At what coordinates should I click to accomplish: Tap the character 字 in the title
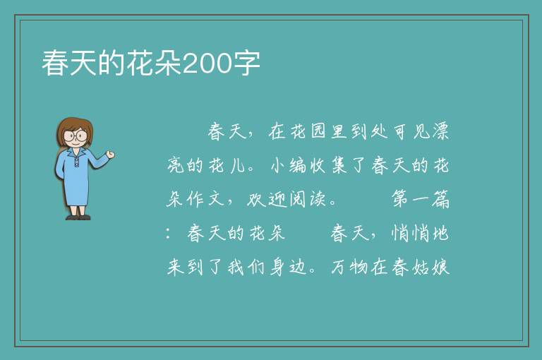pos(246,64)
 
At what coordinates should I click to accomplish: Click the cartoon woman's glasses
pos(76,136)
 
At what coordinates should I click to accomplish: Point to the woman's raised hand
pos(110,155)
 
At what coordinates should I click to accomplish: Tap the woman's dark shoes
pos(78,217)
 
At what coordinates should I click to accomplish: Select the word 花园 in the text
pos(308,131)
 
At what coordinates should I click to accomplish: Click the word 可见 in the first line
pos(411,131)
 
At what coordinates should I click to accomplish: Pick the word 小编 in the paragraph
pos(288,165)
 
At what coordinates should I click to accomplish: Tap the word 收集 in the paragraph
pos(328,165)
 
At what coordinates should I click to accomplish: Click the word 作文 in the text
pos(206,199)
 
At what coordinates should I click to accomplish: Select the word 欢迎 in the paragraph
pos(267,199)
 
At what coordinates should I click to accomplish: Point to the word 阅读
pos(307,199)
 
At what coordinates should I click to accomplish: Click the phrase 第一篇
pos(421,199)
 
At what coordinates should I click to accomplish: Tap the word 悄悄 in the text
pos(410,233)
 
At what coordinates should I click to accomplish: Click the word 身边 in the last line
pos(287,267)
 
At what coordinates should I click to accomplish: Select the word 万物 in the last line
pos(349,267)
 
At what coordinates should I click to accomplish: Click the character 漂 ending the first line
pos(440,131)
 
